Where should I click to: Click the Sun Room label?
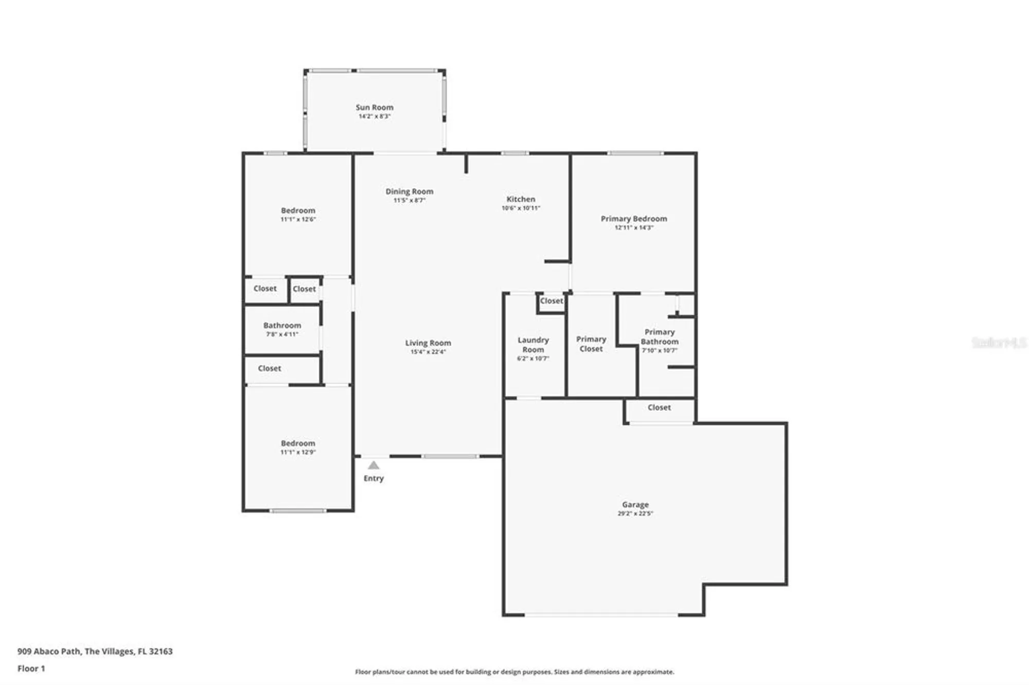[374, 107]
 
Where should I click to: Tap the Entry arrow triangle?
[374, 465]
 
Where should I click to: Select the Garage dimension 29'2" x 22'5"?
[635, 513]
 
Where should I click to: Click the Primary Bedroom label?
[633, 219]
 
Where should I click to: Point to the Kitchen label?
[521, 199]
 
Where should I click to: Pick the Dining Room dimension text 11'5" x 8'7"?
[409, 200]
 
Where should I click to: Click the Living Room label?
[428, 343]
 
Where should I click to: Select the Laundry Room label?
[533, 345]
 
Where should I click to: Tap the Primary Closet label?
[591, 344]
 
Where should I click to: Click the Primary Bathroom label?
[659, 336]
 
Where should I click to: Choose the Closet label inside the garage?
[659, 407]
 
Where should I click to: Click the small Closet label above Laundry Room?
[552, 301]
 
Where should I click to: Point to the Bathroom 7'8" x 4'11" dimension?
[282, 334]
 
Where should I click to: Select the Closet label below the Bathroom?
[269, 368]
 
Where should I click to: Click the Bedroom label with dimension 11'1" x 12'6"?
[298, 210]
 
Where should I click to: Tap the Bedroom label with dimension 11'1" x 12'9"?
[298, 443]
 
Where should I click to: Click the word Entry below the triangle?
[374, 478]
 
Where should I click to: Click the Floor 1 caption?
[31, 669]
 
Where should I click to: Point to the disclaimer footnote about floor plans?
[514, 672]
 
